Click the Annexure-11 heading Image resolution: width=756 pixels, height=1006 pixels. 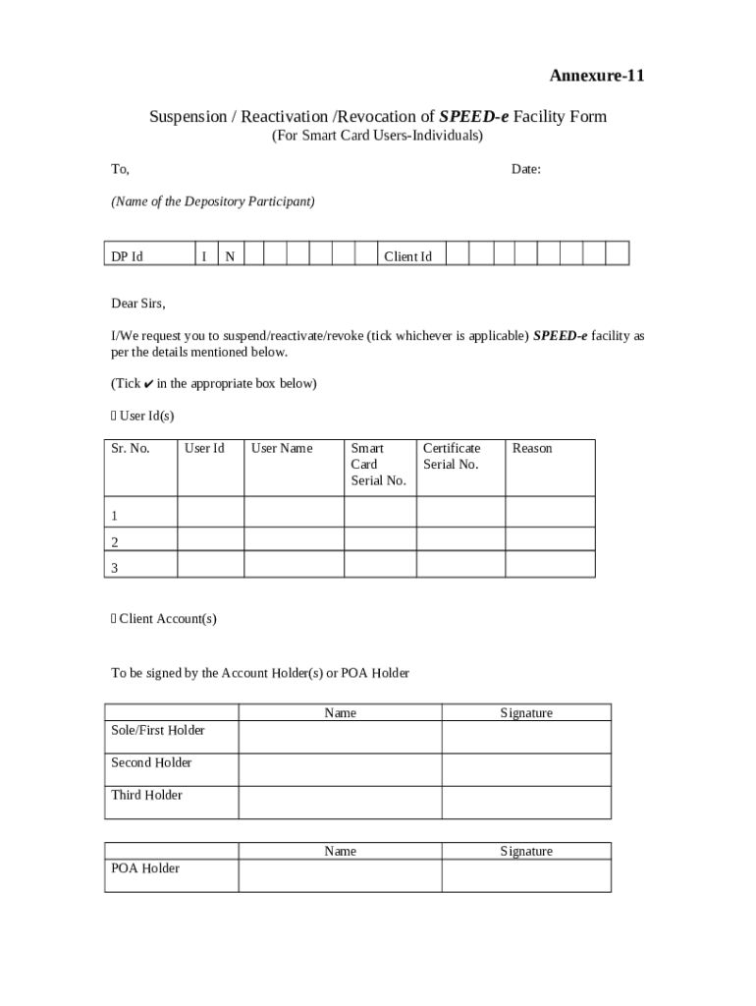596,76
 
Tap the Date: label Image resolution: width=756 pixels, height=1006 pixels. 525,169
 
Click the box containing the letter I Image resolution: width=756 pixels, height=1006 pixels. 203,256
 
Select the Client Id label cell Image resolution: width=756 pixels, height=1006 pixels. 407,256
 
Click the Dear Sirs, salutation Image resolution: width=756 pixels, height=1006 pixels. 138,303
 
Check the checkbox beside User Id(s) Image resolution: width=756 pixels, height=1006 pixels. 114,417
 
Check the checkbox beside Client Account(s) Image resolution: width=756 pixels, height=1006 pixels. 114,619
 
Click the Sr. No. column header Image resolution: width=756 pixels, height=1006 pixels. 130,449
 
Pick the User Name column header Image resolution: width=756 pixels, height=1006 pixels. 282,449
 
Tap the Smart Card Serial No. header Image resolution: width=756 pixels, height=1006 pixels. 378,465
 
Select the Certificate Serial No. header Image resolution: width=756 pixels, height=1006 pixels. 452,457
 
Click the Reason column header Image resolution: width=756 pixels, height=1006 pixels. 532,449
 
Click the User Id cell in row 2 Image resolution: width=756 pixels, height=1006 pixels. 210,538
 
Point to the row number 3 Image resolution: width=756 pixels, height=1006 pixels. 115,567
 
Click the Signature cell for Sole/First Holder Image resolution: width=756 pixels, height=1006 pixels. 525,737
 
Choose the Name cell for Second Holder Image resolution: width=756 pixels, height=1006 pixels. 340,769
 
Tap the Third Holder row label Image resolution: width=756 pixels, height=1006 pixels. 146,795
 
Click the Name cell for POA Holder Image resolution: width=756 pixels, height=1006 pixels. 340,875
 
